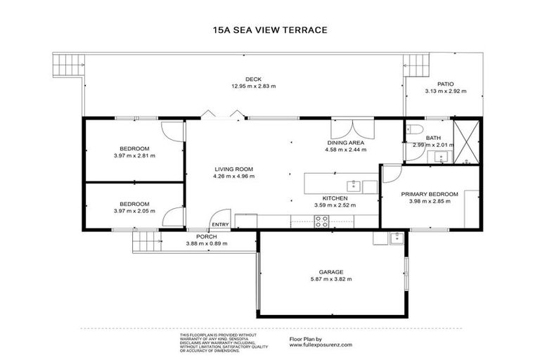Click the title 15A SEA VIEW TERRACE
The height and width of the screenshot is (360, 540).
[270, 30]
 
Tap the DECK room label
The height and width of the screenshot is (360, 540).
[253, 79]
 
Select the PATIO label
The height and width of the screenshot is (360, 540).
[446, 84]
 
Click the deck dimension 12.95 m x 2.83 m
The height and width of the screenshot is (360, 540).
[253, 86]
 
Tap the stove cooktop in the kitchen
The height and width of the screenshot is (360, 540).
[321, 221]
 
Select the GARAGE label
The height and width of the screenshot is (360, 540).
[330, 271]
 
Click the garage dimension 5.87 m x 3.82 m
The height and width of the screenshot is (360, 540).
[330, 279]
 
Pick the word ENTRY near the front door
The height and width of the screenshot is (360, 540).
[220, 225]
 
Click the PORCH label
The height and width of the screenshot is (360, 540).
[206, 236]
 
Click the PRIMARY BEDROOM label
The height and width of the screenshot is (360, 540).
[430, 194]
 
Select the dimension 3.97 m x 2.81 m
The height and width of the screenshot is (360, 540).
[134, 155]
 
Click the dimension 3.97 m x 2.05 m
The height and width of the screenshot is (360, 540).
[134, 210]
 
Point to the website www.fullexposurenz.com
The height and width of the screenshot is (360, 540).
[320, 345]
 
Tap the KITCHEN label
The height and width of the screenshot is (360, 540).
[335, 198]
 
